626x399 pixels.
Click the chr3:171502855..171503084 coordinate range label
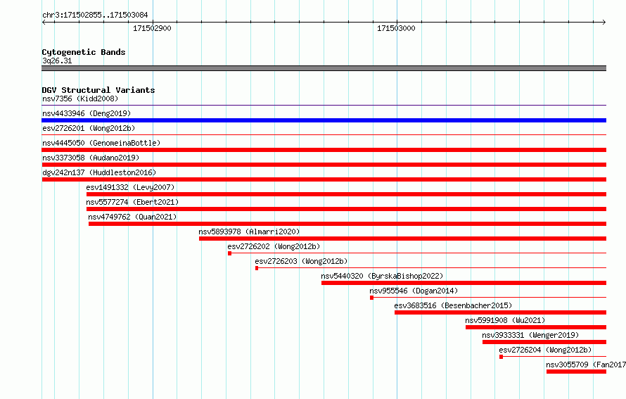click(95, 15)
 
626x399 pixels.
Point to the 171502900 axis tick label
click(152, 28)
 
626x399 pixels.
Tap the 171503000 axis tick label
click(396, 28)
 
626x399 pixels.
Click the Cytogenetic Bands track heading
click(84, 52)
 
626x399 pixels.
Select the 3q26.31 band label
click(57, 61)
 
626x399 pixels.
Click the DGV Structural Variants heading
click(98, 90)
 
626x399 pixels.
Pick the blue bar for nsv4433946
click(324, 120)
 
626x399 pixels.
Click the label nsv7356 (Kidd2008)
click(80, 99)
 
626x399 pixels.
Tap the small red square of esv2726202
click(229, 253)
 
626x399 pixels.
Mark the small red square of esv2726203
click(257, 268)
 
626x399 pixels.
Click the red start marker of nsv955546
click(371, 298)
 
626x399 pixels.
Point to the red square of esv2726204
click(501, 357)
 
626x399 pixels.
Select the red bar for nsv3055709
click(576, 372)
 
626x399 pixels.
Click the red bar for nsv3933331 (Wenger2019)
click(544, 342)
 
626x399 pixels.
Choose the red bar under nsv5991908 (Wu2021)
click(536, 327)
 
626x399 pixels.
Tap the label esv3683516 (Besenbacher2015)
click(453, 305)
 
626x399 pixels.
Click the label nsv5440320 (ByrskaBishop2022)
click(382, 276)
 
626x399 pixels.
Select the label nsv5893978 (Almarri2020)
click(249, 232)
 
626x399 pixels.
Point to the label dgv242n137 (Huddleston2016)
click(99, 172)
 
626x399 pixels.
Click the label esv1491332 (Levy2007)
click(131, 187)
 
